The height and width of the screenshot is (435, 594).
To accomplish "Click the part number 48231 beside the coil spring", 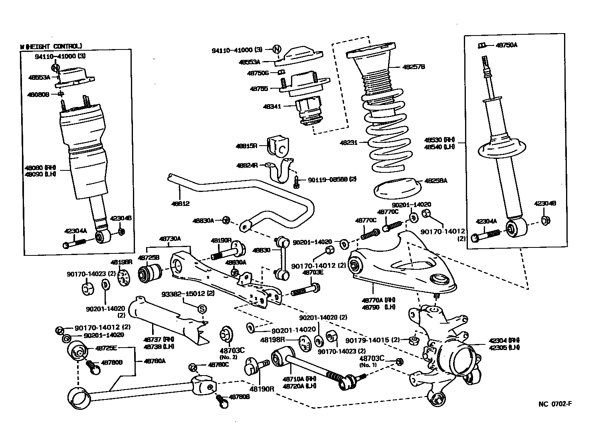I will (348, 142).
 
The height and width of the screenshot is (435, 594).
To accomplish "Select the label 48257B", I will (402, 67).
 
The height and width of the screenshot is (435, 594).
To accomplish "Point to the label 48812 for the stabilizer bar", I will (180, 204).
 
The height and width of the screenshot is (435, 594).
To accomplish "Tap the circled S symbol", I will (202, 308).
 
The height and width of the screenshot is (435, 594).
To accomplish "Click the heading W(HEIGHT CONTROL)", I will (51, 46).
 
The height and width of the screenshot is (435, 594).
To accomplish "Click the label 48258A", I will (436, 181).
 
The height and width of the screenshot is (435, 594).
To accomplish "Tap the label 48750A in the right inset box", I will (506, 45).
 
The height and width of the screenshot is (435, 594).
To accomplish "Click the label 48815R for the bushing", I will (247, 146).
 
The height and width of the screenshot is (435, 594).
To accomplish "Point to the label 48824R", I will (247, 165).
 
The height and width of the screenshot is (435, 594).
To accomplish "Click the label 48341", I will (272, 107).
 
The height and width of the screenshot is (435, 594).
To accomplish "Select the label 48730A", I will (170, 239).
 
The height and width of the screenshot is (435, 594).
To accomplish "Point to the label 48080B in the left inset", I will (38, 95).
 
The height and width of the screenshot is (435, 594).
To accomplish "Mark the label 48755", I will (259, 89).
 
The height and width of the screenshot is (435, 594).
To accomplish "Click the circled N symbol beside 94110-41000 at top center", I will (277, 49).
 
